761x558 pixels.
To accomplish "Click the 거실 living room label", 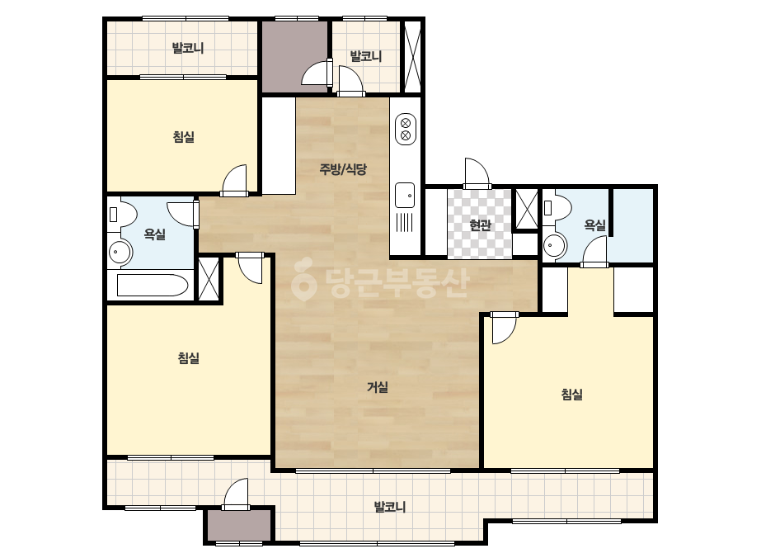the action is click(377, 387).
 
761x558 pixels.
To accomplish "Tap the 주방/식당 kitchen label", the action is click(343, 169).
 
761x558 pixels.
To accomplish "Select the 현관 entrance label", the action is click(480, 225).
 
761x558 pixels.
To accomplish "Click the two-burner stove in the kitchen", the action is click(406, 129).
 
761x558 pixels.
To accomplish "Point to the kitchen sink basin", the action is click(405, 196).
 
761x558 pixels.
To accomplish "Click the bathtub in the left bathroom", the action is click(153, 286).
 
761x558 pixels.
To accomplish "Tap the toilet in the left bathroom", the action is click(124, 214).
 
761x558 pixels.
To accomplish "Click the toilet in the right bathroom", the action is click(557, 207).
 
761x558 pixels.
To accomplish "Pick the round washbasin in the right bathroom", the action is click(555, 244).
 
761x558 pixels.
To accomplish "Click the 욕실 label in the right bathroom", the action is click(595, 225).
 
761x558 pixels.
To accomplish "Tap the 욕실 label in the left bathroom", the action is click(155, 234).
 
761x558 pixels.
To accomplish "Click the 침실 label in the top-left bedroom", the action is click(184, 136).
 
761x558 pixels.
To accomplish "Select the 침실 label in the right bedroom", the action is click(571, 395).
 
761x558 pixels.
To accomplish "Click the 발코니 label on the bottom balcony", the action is click(390, 507).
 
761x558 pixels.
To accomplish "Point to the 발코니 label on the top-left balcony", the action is click(188, 48).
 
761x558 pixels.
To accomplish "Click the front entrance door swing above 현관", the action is click(477, 172).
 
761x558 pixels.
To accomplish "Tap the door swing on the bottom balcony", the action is click(236, 494).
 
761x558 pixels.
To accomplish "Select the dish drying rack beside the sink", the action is click(405, 224).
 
